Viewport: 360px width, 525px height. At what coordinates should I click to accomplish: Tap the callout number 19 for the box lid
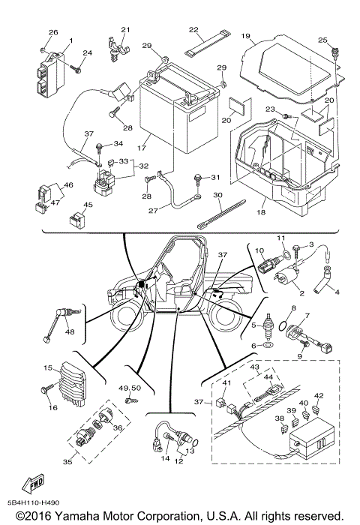(x=244, y=36)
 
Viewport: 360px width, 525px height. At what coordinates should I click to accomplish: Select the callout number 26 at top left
(x=53, y=32)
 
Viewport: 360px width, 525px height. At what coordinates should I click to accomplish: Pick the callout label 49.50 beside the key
(x=130, y=388)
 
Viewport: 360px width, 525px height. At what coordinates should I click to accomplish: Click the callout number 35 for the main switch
(x=67, y=462)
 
